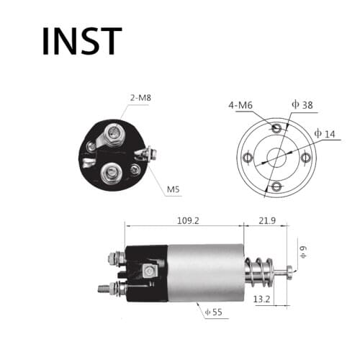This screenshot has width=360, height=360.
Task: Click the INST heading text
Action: (x=81, y=41)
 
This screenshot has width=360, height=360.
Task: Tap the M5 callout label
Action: (x=174, y=190)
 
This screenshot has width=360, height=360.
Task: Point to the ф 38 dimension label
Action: (x=302, y=105)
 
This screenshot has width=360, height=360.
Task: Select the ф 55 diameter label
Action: (x=214, y=312)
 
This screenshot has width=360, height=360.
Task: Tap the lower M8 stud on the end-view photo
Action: (x=112, y=171)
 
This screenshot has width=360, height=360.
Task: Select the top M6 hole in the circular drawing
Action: (x=276, y=127)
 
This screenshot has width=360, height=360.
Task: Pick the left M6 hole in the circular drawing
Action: (x=248, y=158)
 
